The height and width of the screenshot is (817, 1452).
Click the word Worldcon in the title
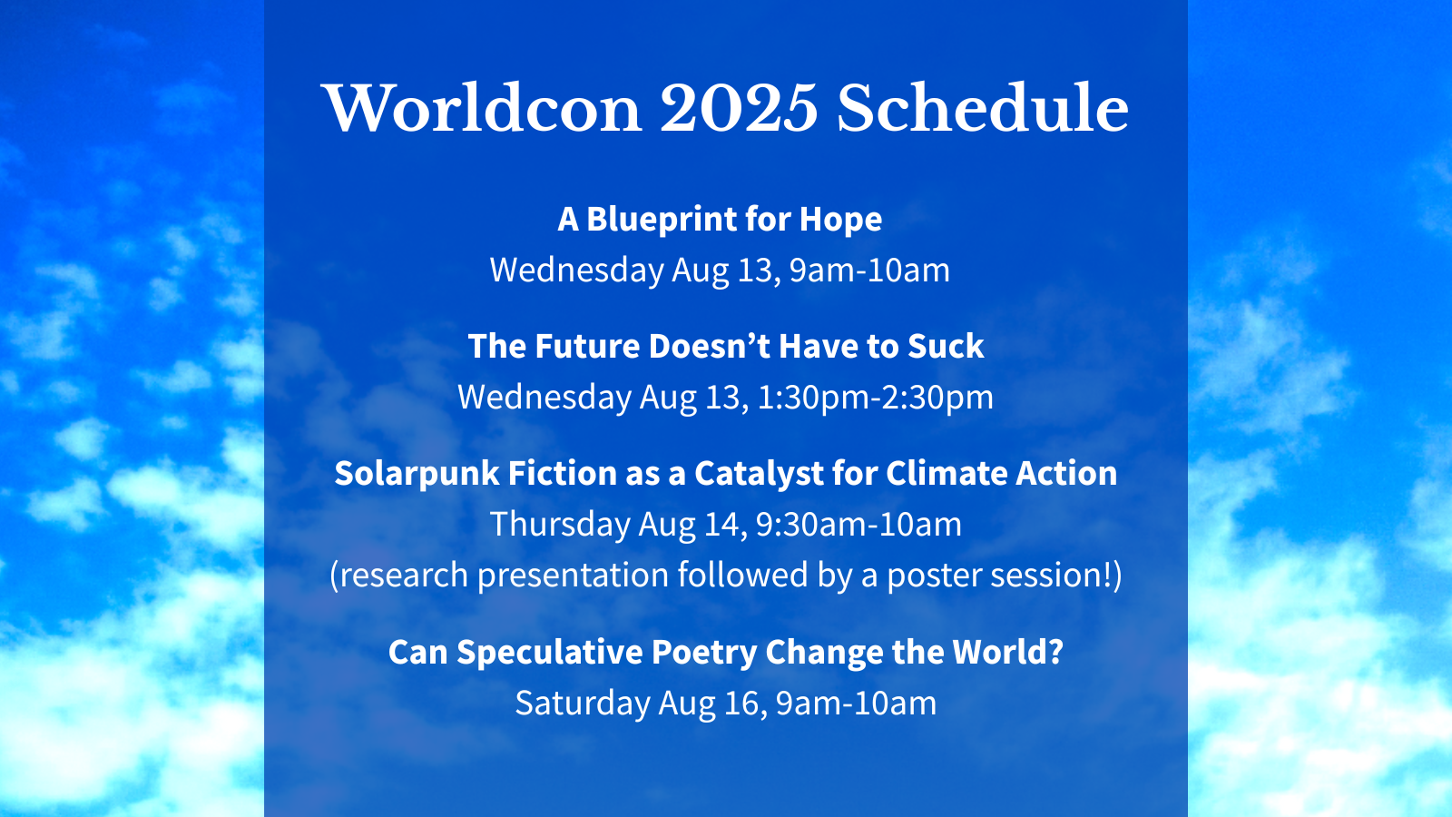pyautogui.click(x=484, y=108)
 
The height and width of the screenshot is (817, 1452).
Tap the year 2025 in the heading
pyautogui.click(x=739, y=108)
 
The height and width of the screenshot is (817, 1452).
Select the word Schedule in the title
pyautogui.click(x=983, y=108)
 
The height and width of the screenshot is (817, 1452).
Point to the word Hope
pyautogui.click(x=840, y=219)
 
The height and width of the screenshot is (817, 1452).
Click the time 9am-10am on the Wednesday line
pyautogui.click(x=870, y=270)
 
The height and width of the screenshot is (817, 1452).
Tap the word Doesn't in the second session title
pyautogui.click(x=709, y=346)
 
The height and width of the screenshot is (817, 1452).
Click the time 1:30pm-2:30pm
pyautogui.click(x=875, y=398)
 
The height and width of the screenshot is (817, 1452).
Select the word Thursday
pyautogui.click(x=560, y=525)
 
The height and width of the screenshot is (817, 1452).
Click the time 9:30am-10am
pyautogui.click(x=858, y=524)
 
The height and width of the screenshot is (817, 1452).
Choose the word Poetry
pyautogui.click(x=700, y=653)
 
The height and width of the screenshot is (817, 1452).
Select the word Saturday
pyautogui.click(x=583, y=704)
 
